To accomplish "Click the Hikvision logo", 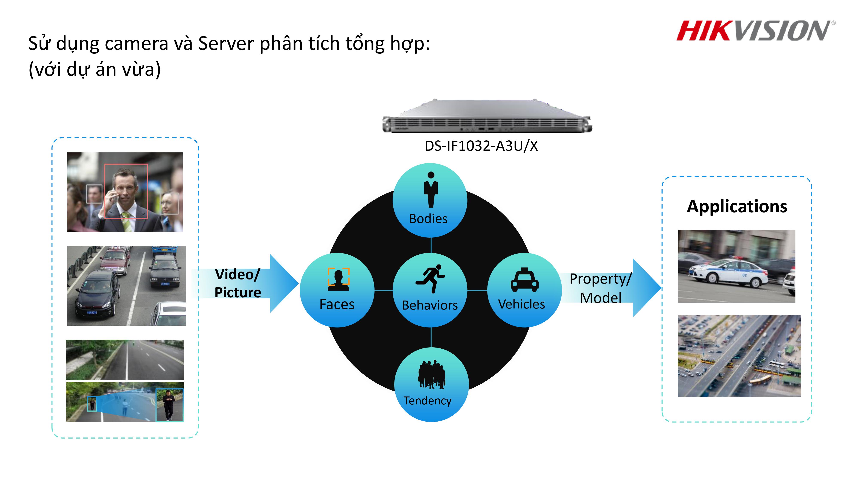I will [x=755, y=31].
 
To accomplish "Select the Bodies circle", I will [x=430, y=200].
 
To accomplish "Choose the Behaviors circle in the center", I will [x=430, y=290].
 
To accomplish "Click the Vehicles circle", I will [x=524, y=290].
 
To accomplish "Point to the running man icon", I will [x=430, y=279].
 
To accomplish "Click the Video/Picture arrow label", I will [x=238, y=283].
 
